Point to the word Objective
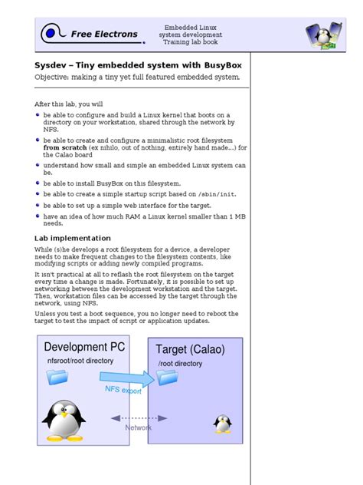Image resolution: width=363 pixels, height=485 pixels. click(x=55, y=78)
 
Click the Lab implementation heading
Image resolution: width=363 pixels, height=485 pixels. click(x=73, y=238)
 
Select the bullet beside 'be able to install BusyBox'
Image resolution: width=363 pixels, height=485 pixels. click(x=38, y=183)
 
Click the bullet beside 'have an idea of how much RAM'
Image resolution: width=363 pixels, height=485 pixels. click(x=38, y=216)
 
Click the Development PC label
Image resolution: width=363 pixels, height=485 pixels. click(x=84, y=347)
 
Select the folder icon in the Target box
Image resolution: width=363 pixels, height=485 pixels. click(x=166, y=376)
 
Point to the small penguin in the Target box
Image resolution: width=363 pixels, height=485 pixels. click(x=223, y=423)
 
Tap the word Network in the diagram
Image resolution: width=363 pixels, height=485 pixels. click(x=139, y=427)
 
